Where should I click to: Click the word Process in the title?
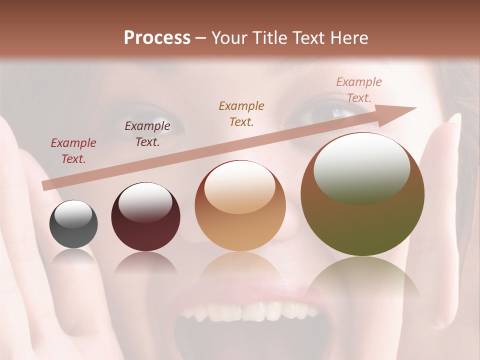(157, 38)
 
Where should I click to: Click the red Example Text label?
(73, 151)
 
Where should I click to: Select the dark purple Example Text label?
(147, 134)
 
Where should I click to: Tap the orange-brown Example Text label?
(241, 113)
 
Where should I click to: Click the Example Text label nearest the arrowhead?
(359, 89)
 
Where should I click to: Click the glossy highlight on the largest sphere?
(362, 167)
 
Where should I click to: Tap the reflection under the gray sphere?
(73, 256)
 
